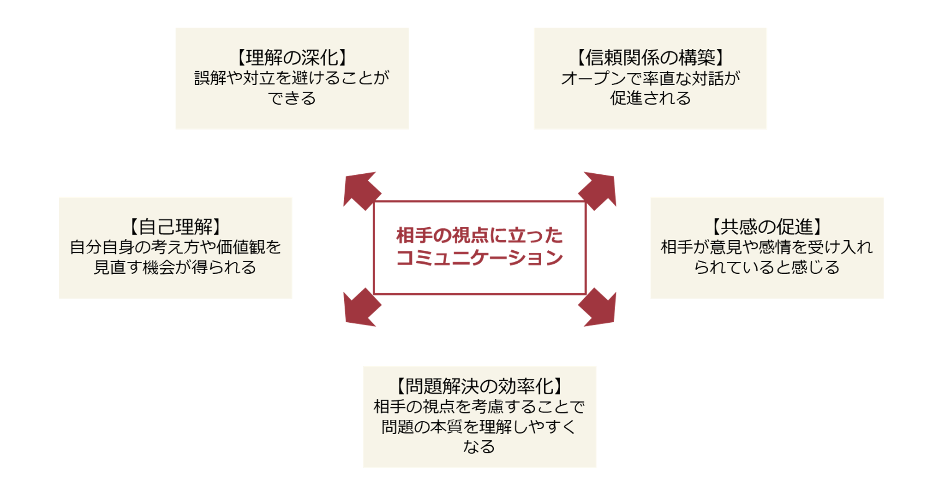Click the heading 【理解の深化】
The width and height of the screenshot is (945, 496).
pyautogui.click(x=292, y=58)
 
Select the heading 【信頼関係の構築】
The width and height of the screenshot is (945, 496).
pyautogui.click(x=650, y=58)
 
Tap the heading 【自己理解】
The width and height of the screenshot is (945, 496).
pyautogui.click(x=175, y=227)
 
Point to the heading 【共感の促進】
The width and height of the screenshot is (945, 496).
pyautogui.click(x=766, y=227)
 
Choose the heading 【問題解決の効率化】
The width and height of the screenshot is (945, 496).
pyautogui.click(x=479, y=386)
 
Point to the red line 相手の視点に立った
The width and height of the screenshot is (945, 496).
pyautogui.click(x=479, y=236)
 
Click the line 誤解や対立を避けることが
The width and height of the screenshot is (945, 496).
pyautogui.click(x=292, y=78)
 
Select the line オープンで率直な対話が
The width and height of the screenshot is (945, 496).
pyautogui.click(x=650, y=78)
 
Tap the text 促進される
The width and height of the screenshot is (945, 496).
pyautogui.click(x=650, y=98)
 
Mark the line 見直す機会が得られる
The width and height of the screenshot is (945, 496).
pyautogui.click(x=175, y=267)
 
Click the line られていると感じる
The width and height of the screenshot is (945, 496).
pyautogui.click(x=766, y=267)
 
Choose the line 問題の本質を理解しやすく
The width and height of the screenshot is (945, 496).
pyautogui.click(x=479, y=427)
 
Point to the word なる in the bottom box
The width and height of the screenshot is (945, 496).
pyautogui.click(x=479, y=447)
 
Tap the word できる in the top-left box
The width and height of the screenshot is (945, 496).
pyautogui.click(x=292, y=98)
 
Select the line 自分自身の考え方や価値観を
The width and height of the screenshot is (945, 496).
pyautogui.click(x=175, y=247)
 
